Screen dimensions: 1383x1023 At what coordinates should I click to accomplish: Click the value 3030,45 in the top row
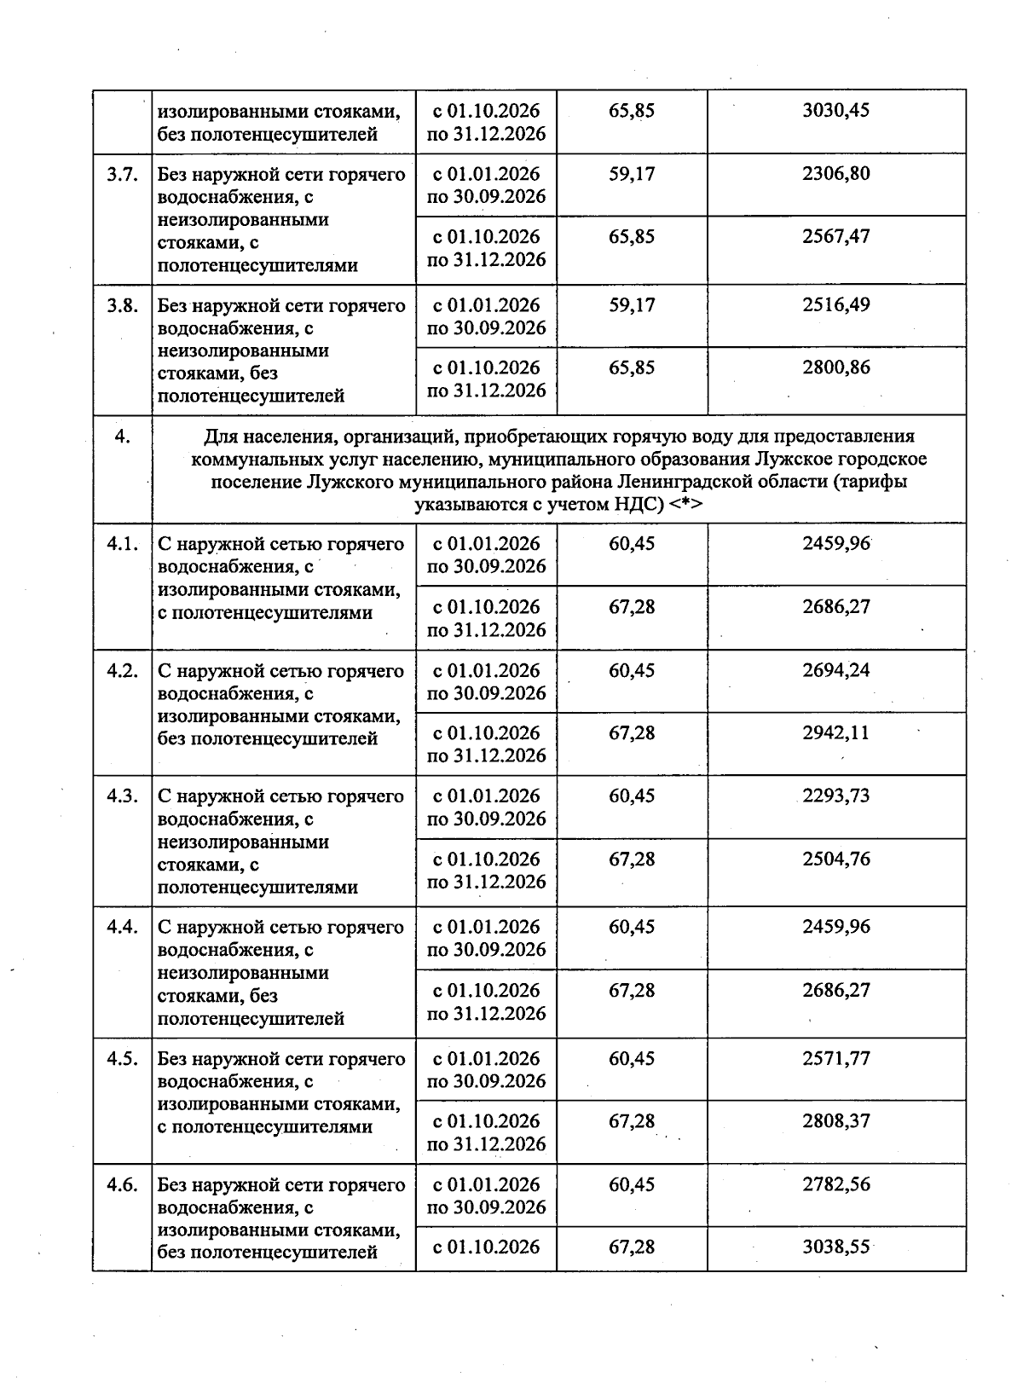(835, 111)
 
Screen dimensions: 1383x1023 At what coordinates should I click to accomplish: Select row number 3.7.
(122, 175)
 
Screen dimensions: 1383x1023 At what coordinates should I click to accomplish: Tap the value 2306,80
(835, 174)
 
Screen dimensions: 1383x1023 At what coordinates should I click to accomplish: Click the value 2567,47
(835, 237)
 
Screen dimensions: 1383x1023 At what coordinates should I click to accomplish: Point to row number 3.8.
(122, 305)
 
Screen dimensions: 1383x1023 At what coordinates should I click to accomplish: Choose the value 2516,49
(835, 305)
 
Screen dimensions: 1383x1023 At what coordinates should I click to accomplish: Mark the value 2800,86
(835, 368)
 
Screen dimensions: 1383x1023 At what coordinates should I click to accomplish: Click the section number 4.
(122, 437)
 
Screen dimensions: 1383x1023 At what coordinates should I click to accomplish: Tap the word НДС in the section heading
(638, 504)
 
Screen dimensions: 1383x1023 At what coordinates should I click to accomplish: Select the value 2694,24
(835, 670)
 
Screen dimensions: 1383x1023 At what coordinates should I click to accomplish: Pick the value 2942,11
(835, 733)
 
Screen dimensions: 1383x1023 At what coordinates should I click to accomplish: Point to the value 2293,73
(835, 796)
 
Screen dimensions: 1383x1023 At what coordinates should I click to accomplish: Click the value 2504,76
(835, 859)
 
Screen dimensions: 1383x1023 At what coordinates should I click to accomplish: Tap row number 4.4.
(122, 928)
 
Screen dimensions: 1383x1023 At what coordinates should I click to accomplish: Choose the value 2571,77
(835, 1059)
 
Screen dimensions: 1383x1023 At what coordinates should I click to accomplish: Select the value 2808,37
(835, 1121)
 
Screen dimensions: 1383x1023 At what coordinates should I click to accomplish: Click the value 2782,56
(835, 1185)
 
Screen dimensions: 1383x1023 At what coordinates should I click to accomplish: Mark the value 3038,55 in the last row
(835, 1247)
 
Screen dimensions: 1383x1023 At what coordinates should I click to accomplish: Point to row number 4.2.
(122, 671)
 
